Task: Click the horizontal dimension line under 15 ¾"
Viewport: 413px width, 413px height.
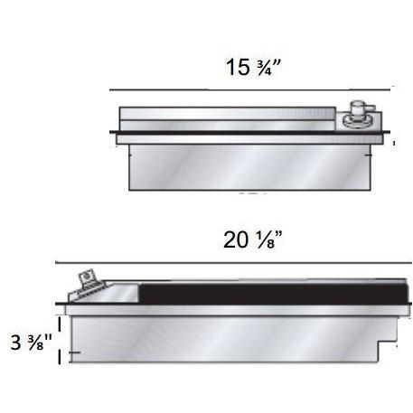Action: [251, 89]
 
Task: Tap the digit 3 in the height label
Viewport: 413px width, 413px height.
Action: [16, 344]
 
